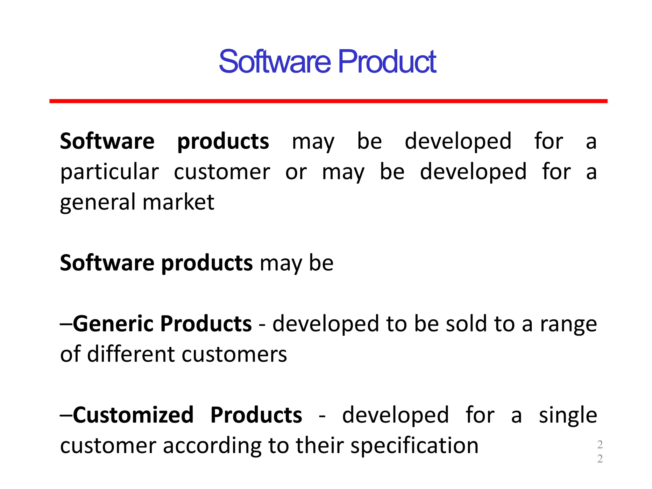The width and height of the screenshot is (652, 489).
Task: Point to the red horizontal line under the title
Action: (328, 101)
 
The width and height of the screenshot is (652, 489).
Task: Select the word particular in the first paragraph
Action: (110, 172)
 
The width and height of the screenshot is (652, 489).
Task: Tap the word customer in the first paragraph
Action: (222, 172)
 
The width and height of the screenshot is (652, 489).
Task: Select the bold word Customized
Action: (133, 415)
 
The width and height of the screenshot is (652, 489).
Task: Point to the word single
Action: (568, 416)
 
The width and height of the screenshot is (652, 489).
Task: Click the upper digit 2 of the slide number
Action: (600, 444)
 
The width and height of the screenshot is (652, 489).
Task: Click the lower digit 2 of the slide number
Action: (600, 458)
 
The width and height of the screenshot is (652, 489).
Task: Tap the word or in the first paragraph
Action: (296, 172)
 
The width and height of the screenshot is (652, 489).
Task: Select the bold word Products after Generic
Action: (206, 324)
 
